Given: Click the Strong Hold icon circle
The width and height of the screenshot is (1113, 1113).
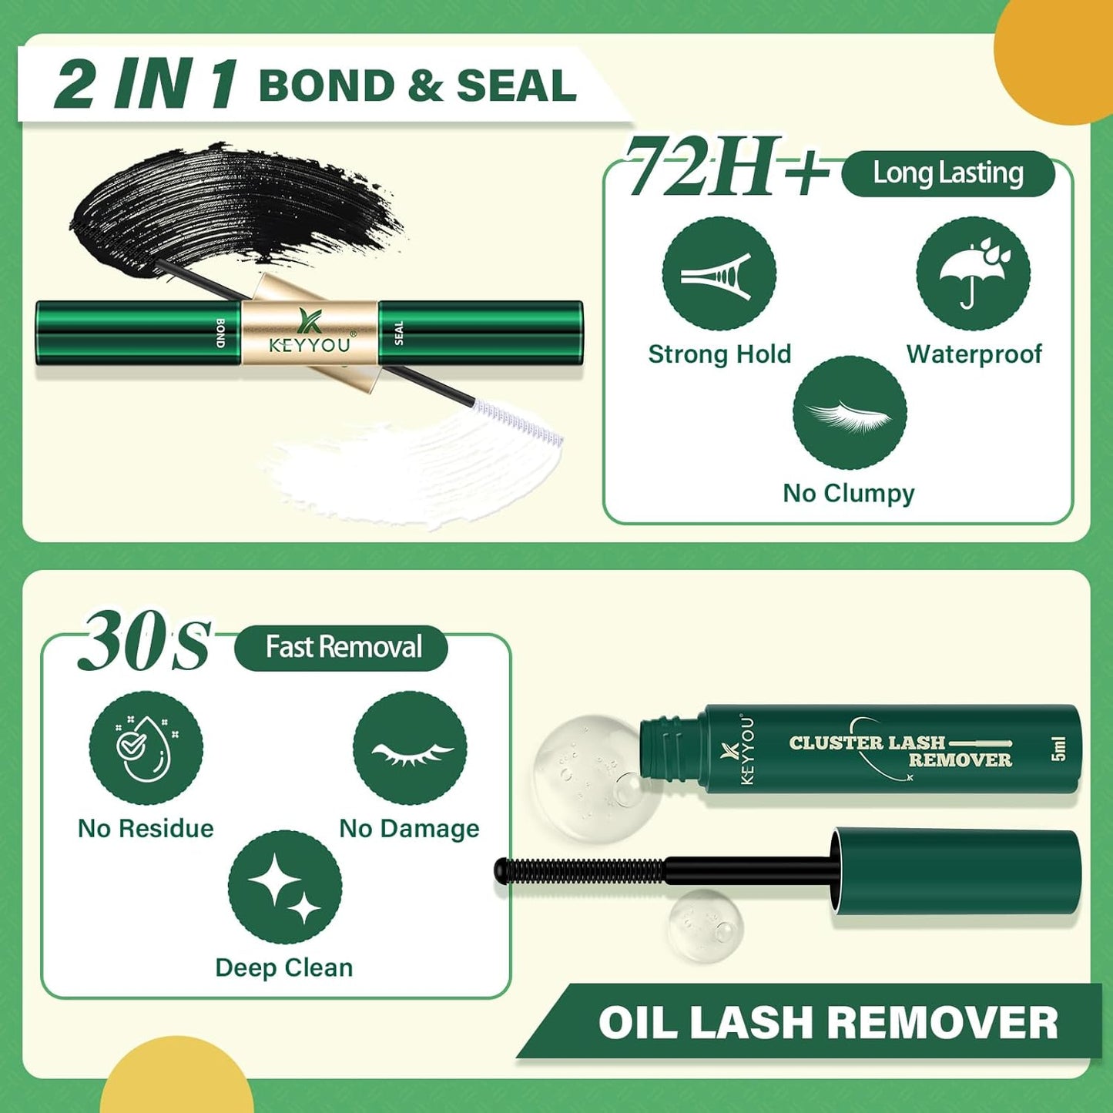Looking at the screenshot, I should [719, 273].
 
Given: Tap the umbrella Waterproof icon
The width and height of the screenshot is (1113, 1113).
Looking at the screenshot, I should [973, 273].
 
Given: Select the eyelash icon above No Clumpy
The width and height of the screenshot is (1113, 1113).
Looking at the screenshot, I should [850, 413].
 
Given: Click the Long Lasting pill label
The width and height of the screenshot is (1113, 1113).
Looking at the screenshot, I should [947, 173].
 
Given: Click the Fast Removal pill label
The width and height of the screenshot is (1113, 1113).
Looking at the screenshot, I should [342, 647].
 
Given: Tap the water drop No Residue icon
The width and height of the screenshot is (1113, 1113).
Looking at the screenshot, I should [146, 748].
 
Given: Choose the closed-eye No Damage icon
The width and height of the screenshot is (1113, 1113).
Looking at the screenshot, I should [410, 748].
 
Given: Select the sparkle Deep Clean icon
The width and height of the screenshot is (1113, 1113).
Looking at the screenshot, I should [285, 887].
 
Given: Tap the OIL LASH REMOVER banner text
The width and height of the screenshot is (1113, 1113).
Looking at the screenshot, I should [828, 1023].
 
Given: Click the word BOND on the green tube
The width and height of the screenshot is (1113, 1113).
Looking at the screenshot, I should [220, 333].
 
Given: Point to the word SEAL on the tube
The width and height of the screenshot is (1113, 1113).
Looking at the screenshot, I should [398, 333].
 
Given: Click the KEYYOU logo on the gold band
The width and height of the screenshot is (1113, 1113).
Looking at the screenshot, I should [310, 333].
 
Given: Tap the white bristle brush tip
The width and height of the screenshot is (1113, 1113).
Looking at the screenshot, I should [519, 422].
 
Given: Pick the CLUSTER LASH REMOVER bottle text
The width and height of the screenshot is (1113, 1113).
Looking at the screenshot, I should [900, 751].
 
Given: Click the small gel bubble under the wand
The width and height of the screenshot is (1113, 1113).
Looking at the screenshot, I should [705, 924].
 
